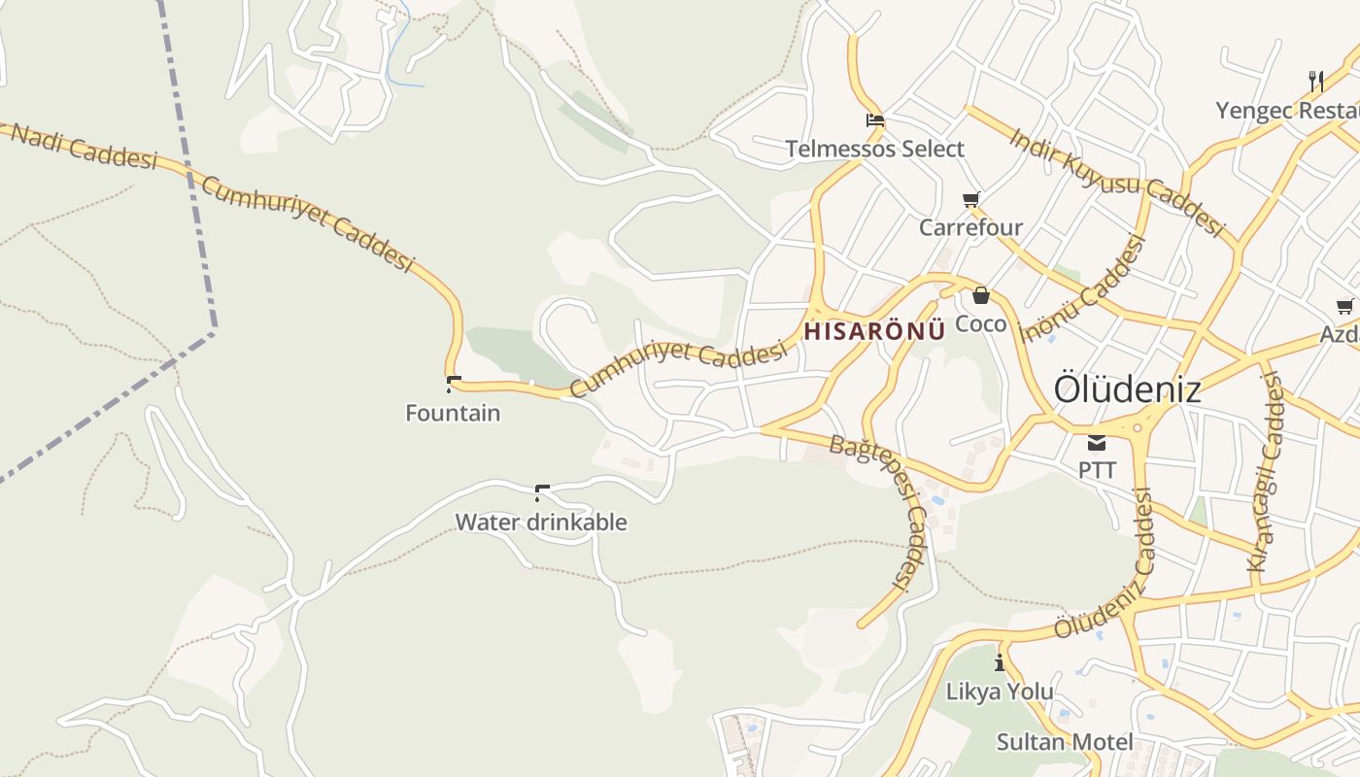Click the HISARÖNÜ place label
874,330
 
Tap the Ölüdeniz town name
1127,389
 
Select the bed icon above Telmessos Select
875,121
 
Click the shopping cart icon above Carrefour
970,200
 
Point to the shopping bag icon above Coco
981,295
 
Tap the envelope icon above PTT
1097,443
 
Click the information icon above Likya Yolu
1000,663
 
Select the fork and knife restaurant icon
1316,81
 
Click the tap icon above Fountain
453,384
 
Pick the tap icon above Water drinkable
542,492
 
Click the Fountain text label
453,413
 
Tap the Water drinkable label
541,522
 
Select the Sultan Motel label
1065,742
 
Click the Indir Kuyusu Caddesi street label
1116,181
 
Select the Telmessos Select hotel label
874,149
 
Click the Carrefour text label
970,227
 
